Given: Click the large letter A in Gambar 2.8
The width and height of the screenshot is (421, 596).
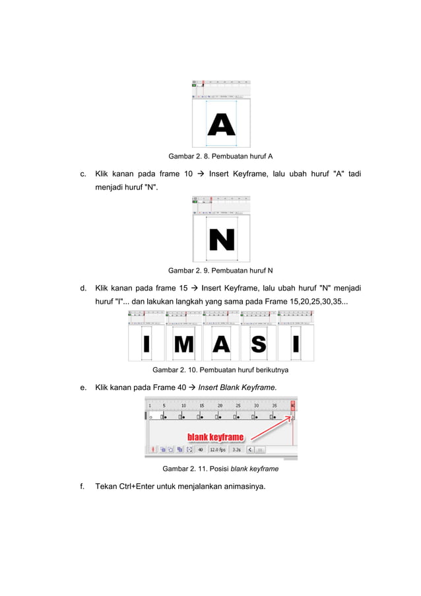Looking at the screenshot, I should pyautogui.click(x=222, y=123).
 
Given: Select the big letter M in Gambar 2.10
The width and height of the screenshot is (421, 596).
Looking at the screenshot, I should pyautogui.click(x=183, y=344).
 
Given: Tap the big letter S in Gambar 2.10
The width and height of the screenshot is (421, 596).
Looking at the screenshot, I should pyautogui.click(x=259, y=344).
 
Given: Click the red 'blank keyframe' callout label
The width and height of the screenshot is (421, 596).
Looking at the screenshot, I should pyautogui.click(x=216, y=437).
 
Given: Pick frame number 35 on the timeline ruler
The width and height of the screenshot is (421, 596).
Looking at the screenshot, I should pyautogui.click(x=275, y=405).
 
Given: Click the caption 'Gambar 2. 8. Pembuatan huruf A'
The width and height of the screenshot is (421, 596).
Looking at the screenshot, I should pyautogui.click(x=220, y=156).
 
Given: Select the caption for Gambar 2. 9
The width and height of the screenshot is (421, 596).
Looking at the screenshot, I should pyautogui.click(x=220, y=271).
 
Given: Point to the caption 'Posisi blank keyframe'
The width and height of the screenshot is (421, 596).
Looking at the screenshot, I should pyautogui.click(x=245, y=469).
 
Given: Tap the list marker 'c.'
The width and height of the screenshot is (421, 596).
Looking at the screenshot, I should pyautogui.click(x=83, y=174).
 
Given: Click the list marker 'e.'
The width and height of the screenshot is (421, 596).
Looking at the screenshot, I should pyautogui.click(x=83, y=387).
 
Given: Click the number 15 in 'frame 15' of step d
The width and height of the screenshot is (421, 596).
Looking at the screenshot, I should pyautogui.click(x=184, y=288).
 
